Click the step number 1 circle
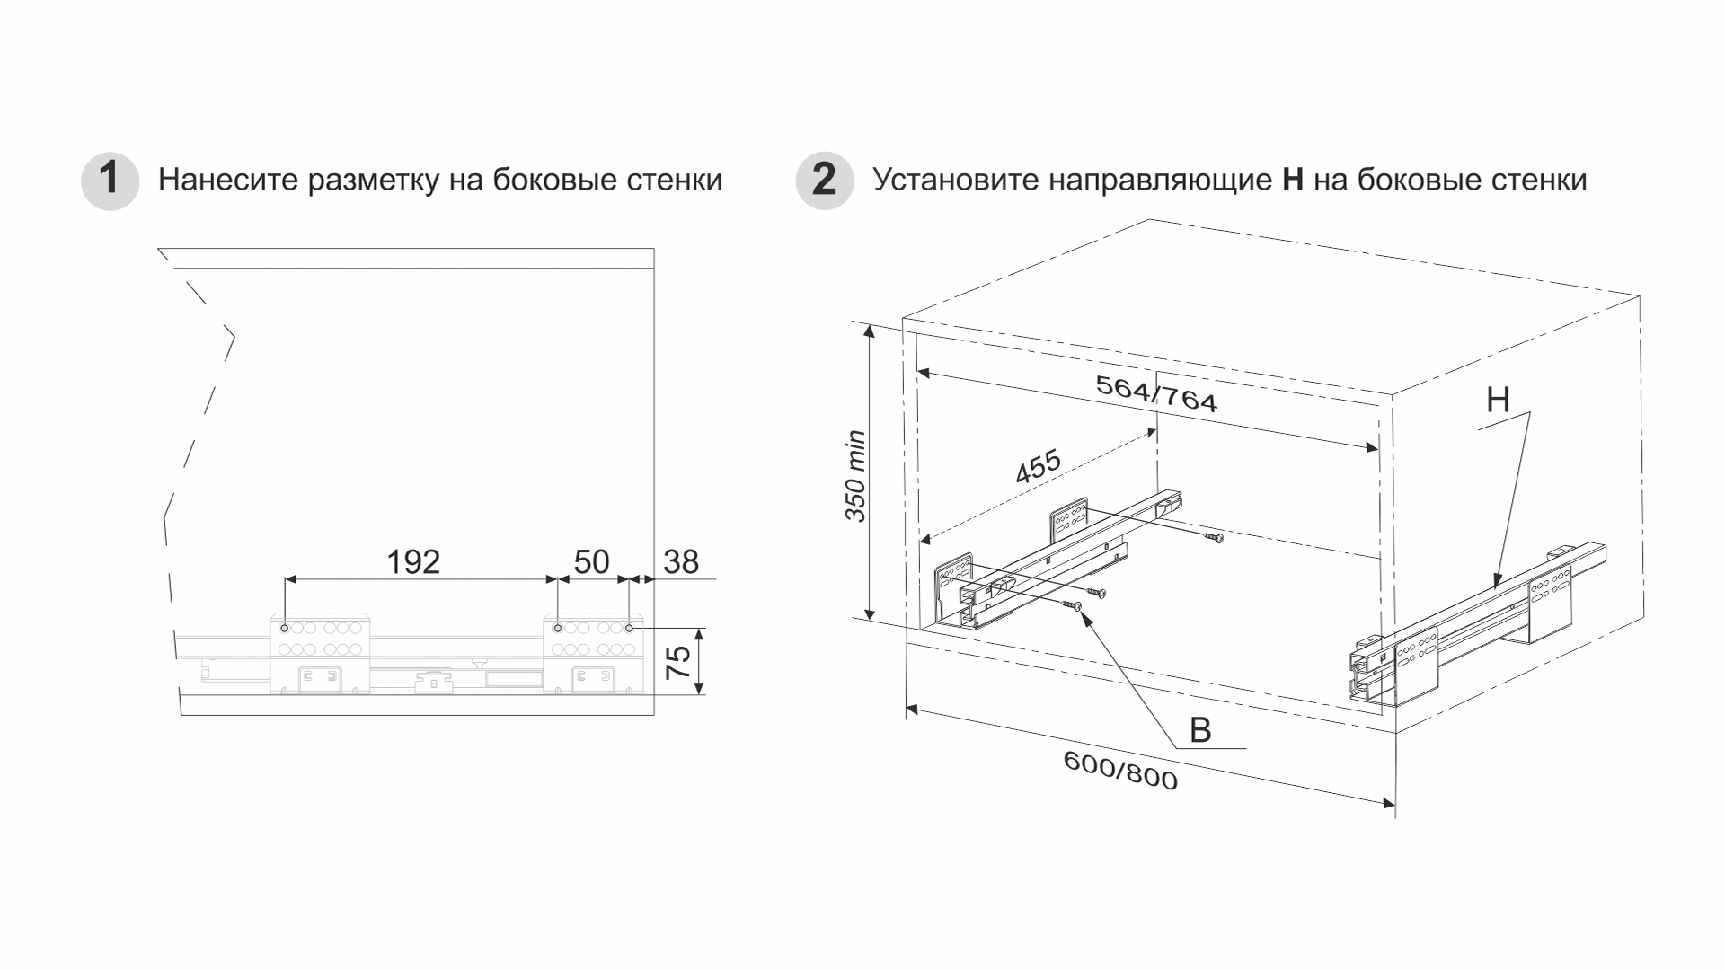click(x=110, y=181)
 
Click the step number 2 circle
click(x=824, y=181)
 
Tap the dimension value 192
click(x=413, y=562)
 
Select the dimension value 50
click(x=591, y=562)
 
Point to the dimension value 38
click(x=681, y=562)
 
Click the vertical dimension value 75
click(x=680, y=661)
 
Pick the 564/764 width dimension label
click(x=1156, y=393)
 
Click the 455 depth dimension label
click(x=1038, y=467)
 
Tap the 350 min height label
click(x=855, y=476)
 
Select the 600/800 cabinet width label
click(x=1120, y=771)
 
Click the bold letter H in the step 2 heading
click(x=1293, y=181)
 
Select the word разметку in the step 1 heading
click(x=371, y=181)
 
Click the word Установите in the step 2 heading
click(x=956, y=181)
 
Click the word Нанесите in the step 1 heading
click(x=227, y=181)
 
